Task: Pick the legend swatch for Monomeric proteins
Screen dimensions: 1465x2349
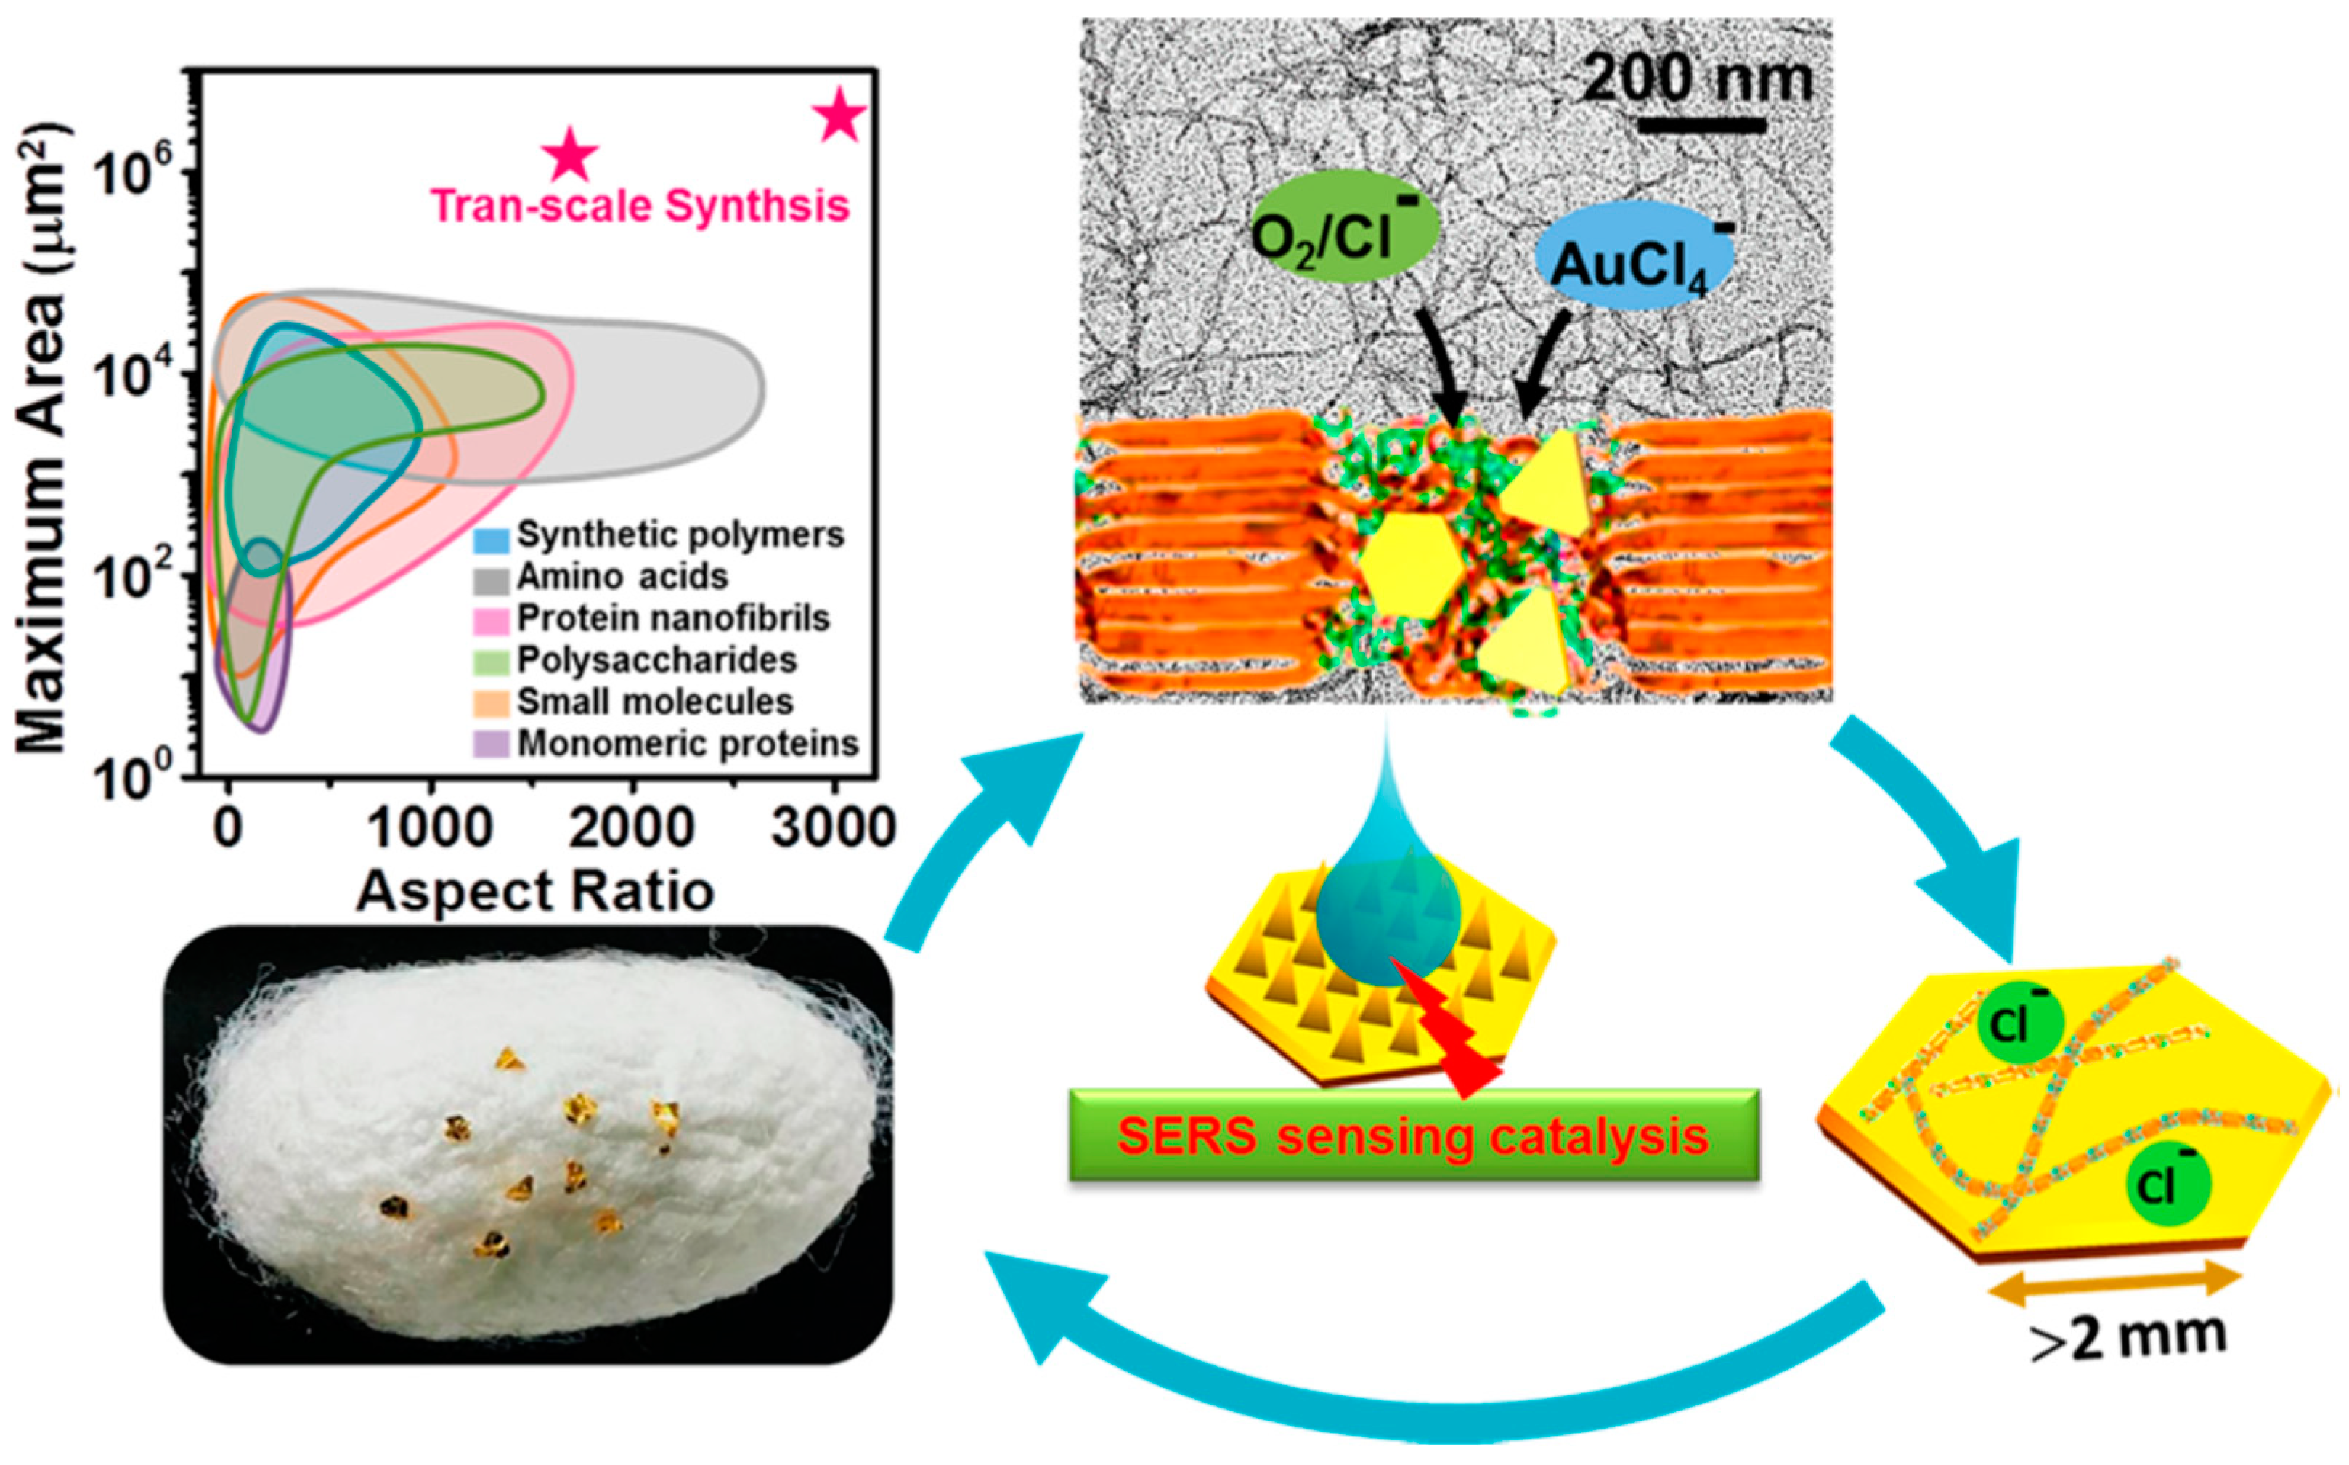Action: [x=492, y=745]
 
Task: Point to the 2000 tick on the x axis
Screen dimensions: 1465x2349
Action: [x=632, y=829]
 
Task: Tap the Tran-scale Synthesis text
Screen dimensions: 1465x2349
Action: [x=639, y=206]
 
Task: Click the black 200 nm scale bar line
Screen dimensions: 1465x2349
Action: [x=1701, y=125]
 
